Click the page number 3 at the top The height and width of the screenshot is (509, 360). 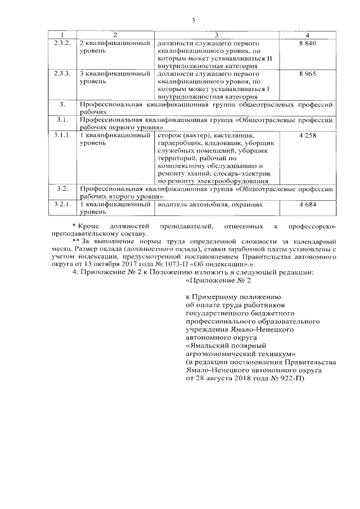[192, 21]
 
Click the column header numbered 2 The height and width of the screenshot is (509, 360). [115, 35]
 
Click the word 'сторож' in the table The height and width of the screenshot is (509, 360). [169, 136]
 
